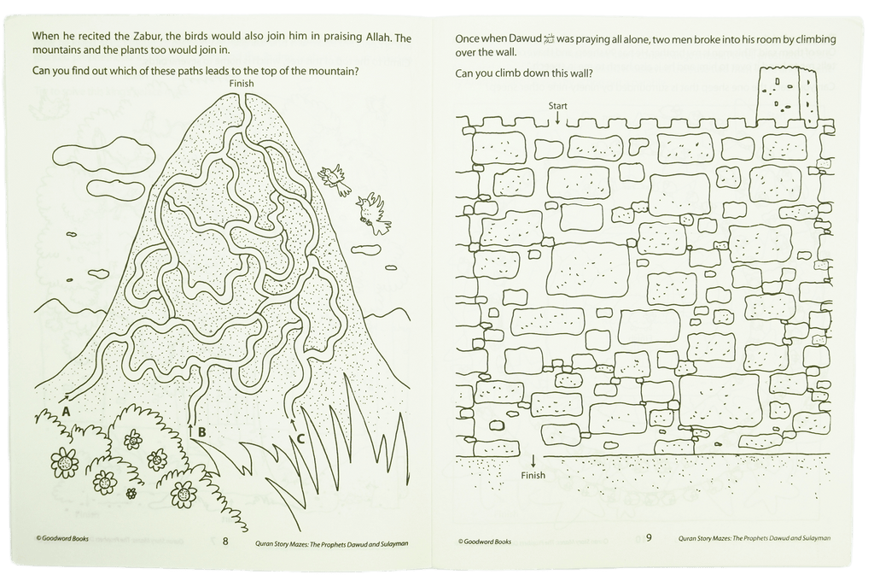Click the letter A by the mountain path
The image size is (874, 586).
(66, 412)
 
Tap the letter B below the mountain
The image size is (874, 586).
(201, 432)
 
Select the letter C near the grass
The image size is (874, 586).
(300, 439)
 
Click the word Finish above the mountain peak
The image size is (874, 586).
(242, 83)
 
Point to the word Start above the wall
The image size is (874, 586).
(557, 105)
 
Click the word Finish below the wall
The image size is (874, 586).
(533, 475)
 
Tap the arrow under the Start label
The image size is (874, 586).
(557, 118)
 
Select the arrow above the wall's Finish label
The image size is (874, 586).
(533, 461)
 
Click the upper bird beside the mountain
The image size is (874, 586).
(336, 179)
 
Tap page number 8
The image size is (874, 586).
(225, 541)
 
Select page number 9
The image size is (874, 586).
(649, 538)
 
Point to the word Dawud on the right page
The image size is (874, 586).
(526, 38)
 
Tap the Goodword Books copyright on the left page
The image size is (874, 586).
(61, 538)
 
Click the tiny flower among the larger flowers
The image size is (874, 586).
(131, 493)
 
